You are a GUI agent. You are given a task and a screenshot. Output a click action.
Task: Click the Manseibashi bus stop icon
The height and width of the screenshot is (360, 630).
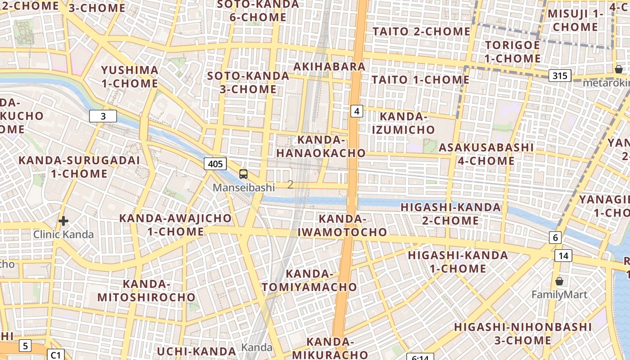pos(243,174)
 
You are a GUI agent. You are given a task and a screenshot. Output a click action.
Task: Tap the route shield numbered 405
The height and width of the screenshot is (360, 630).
pos(215,164)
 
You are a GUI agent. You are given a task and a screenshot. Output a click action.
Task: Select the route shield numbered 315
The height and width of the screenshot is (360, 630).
pos(560,75)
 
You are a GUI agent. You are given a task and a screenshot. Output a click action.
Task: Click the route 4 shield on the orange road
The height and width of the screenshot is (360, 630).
pos(357,111)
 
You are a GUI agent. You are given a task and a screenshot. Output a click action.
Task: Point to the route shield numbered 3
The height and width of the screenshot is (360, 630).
pos(103,116)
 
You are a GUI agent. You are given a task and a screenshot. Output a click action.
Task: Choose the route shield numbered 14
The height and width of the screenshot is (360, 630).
pos(563,256)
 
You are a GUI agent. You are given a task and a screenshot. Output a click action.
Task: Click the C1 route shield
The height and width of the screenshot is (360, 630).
pos(55,355)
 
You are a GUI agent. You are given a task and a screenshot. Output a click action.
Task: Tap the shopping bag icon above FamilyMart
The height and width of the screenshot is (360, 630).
pos(559,281)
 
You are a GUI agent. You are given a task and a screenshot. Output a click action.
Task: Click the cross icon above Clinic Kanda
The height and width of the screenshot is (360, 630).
pos(63,221)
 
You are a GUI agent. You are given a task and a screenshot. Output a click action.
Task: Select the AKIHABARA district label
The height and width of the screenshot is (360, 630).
pos(329,67)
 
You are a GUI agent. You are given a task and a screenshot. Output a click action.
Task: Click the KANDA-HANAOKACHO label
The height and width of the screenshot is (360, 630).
pos(321,146)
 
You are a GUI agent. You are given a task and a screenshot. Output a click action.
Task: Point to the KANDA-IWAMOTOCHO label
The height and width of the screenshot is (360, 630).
pos(342,225)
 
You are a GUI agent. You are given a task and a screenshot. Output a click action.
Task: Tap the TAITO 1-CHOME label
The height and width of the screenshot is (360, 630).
pos(420,80)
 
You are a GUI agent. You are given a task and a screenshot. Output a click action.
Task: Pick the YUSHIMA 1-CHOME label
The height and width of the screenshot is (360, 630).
pos(130,77)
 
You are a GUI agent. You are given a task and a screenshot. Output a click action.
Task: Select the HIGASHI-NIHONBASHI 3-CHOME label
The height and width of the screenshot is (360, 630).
pos(522,333)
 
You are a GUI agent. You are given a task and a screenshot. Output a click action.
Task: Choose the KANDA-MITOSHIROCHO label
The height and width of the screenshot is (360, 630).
pos(146,291)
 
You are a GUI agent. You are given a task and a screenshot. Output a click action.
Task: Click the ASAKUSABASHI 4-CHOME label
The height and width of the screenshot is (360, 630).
pos(486,154)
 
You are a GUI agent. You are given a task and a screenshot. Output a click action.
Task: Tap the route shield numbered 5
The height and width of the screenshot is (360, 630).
pos(25,346)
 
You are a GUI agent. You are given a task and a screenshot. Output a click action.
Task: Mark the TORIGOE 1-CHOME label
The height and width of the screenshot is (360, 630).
pos(513,52)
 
